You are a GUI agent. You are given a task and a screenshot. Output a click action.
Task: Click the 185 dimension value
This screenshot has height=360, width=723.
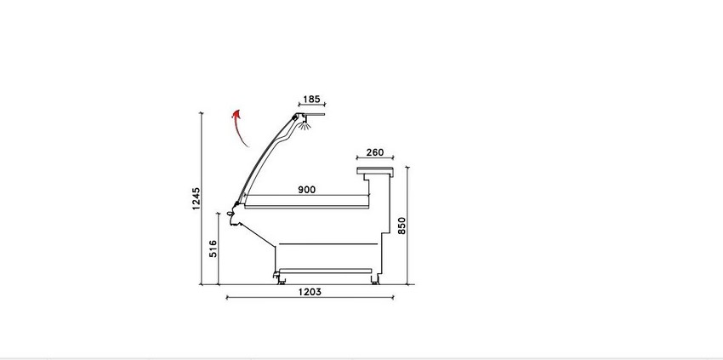pyautogui.click(x=311, y=99)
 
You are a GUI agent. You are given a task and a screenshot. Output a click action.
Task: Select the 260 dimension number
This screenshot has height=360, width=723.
pyautogui.click(x=375, y=152)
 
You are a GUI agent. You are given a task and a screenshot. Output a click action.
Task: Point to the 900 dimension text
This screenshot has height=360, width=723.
pyautogui.click(x=306, y=189)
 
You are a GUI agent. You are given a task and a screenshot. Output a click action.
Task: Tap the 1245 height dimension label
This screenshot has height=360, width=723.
pyautogui.click(x=196, y=198)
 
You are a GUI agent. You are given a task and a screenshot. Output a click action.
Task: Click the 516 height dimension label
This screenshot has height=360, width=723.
pyautogui.click(x=213, y=249)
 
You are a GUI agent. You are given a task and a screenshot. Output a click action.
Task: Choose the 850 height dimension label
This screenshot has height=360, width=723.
pyautogui.click(x=401, y=226)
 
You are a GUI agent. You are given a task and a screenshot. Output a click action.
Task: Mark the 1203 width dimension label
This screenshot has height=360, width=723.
pyautogui.click(x=310, y=292)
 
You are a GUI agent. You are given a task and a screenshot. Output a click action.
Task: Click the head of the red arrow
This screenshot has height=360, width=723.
pyautogui.click(x=237, y=114)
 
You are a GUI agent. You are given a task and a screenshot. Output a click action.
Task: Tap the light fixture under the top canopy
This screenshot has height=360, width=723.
pyautogui.click(x=304, y=124)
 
